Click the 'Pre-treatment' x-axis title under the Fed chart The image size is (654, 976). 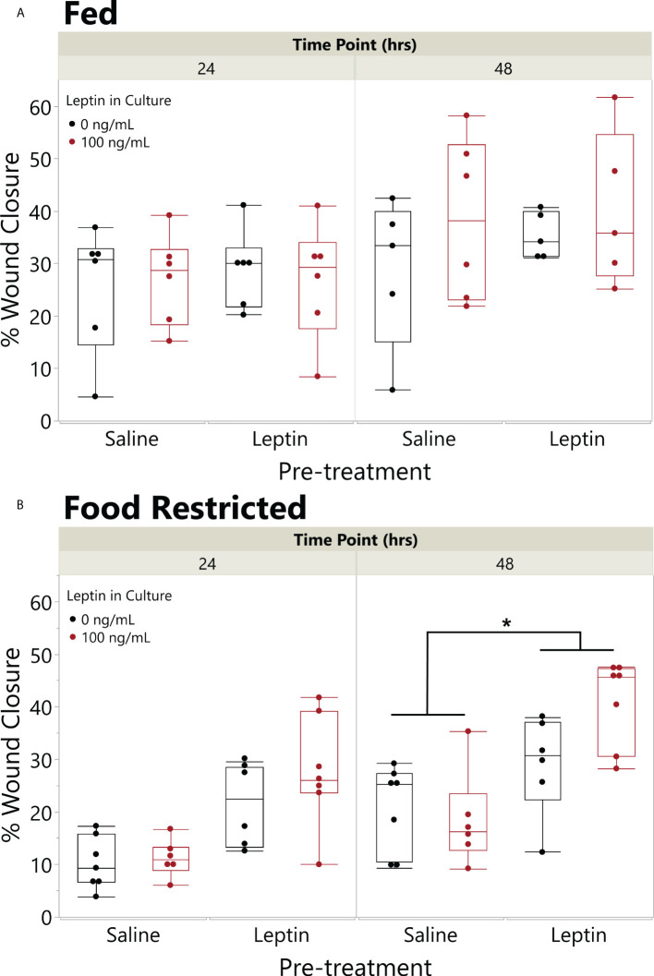point(356,472)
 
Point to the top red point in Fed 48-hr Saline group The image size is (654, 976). point(466,115)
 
